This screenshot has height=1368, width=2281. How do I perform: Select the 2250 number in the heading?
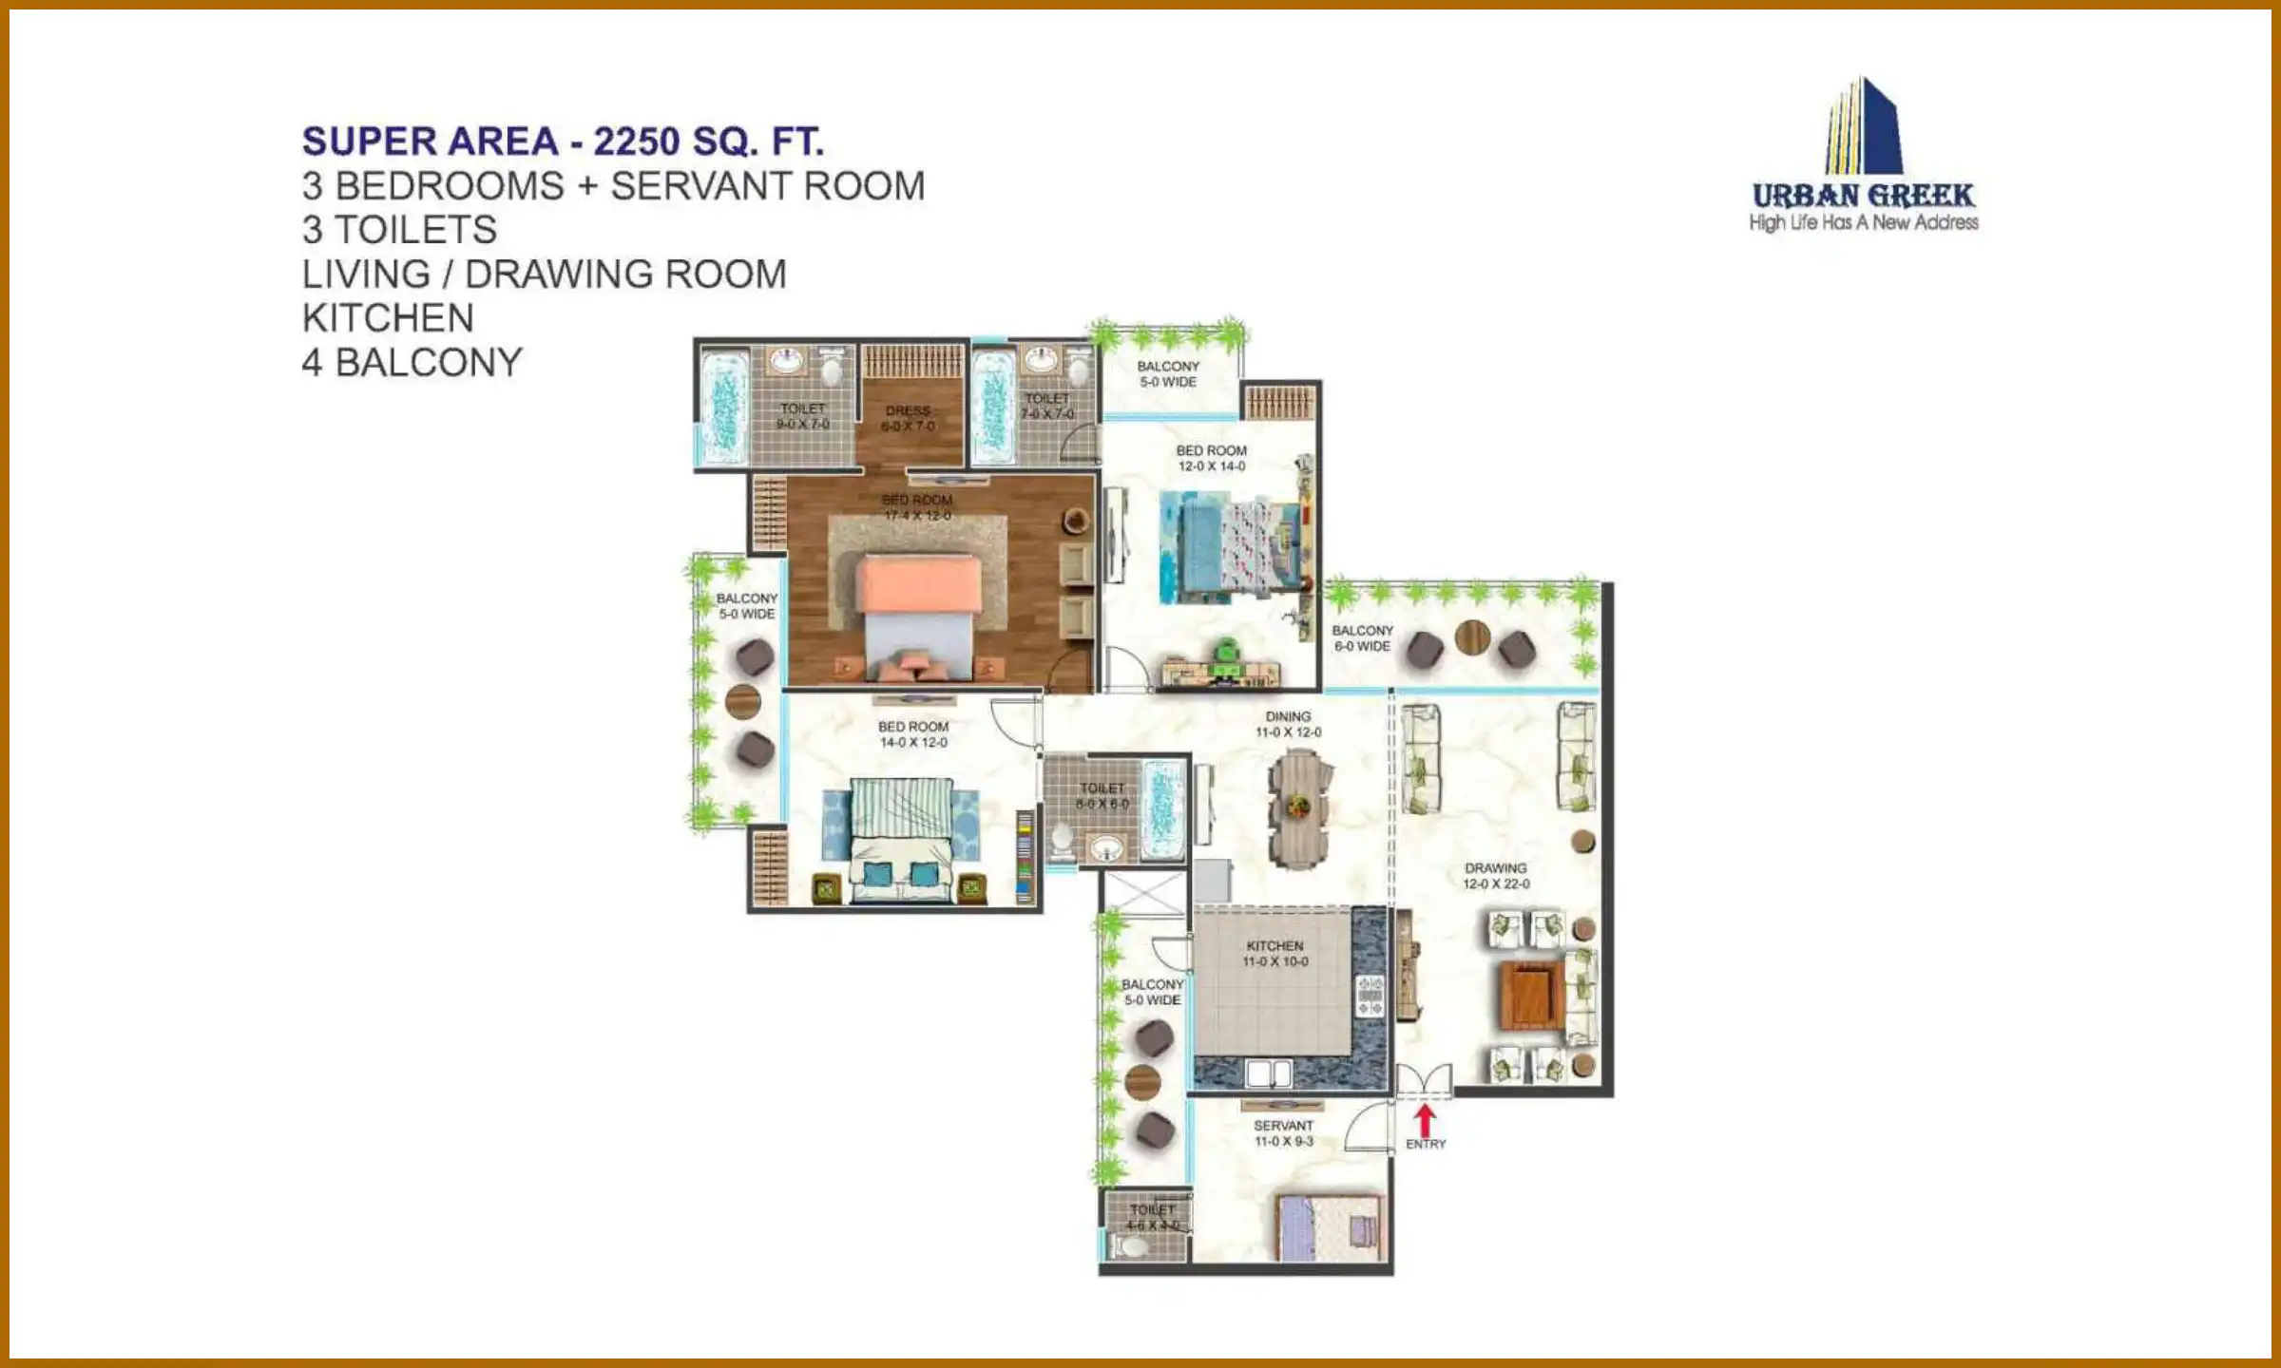pyautogui.click(x=637, y=142)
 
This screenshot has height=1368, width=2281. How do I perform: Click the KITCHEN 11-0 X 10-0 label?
pyautogui.click(x=1275, y=954)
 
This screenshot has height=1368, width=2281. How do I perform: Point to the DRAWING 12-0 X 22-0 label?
pyautogui.click(x=1496, y=876)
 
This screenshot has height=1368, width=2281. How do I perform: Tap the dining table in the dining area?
pyautogui.click(x=1297, y=807)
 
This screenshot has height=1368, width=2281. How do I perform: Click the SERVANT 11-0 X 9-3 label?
pyautogui.click(x=1283, y=1133)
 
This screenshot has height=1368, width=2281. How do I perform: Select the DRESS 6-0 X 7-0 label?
pyautogui.click(x=908, y=419)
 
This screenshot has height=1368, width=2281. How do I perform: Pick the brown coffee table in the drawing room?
pyautogui.click(x=1531, y=995)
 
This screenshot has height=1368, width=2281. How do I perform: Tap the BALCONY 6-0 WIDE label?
pyautogui.click(x=1362, y=638)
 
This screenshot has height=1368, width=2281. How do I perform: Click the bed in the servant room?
pyautogui.click(x=1331, y=1228)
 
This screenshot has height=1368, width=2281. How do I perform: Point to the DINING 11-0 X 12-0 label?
pyautogui.click(x=1288, y=724)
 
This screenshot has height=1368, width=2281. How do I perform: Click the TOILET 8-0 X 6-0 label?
pyautogui.click(x=1102, y=796)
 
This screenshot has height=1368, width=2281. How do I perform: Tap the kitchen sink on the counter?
pyautogui.click(x=1269, y=1074)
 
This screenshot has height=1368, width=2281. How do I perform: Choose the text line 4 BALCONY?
pyautogui.click(x=412, y=363)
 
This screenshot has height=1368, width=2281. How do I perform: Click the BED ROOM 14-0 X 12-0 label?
pyautogui.click(x=912, y=734)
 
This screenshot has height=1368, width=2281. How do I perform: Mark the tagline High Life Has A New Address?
pyautogui.click(x=1863, y=222)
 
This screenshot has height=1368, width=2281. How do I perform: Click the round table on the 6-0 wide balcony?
pyautogui.click(x=1472, y=637)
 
